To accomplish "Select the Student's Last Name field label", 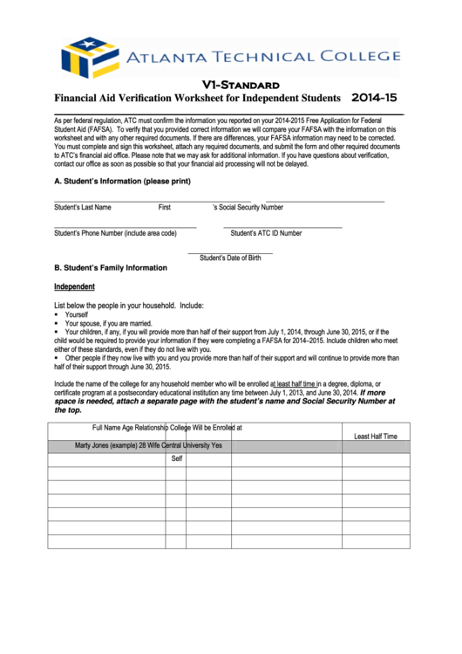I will point(83,208).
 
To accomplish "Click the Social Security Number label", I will point(248,208).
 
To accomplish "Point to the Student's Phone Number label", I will point(115,233).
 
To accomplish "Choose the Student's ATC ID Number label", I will point(266,233).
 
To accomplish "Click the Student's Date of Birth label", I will point(230,258).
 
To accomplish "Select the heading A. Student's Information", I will point(122,182).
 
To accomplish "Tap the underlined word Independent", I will point(74,286).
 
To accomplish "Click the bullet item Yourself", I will point(77,314).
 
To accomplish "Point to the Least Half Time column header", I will point(375,436).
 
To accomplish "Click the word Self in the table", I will point(176,458).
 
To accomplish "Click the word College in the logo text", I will point(358,57).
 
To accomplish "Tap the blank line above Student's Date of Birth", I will point(230,251).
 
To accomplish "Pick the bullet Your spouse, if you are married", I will point(109,323).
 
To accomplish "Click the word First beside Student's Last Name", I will point(164,208).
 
